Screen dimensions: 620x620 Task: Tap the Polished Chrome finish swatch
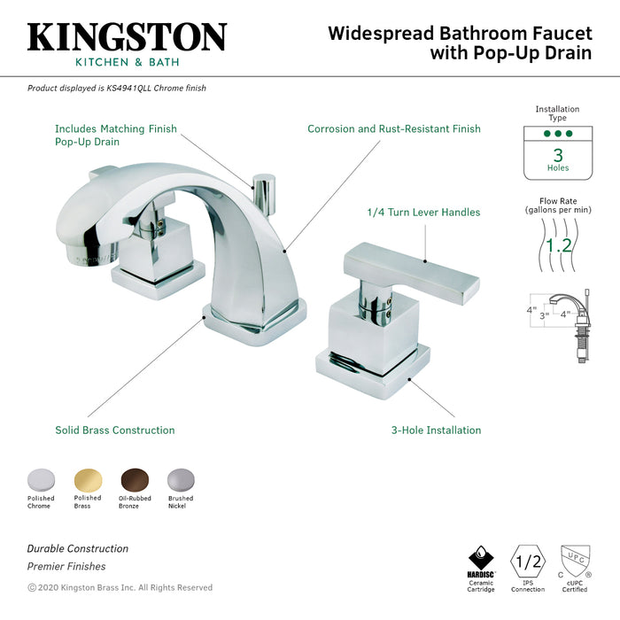point(40,478)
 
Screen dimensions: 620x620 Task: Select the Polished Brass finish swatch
point(88,478)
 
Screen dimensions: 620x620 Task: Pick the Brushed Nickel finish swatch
point(181,478)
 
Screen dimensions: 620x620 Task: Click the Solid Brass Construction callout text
point(115,430)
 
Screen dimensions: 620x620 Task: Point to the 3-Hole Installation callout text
point(436,430)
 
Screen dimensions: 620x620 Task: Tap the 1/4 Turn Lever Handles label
point(423,213)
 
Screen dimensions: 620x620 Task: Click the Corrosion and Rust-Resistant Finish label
point(393,129)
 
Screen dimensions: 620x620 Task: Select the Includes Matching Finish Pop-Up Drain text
point(115,135)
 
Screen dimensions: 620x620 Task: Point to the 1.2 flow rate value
point(558,244)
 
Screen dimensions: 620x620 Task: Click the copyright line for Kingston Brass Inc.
point(120,587)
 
